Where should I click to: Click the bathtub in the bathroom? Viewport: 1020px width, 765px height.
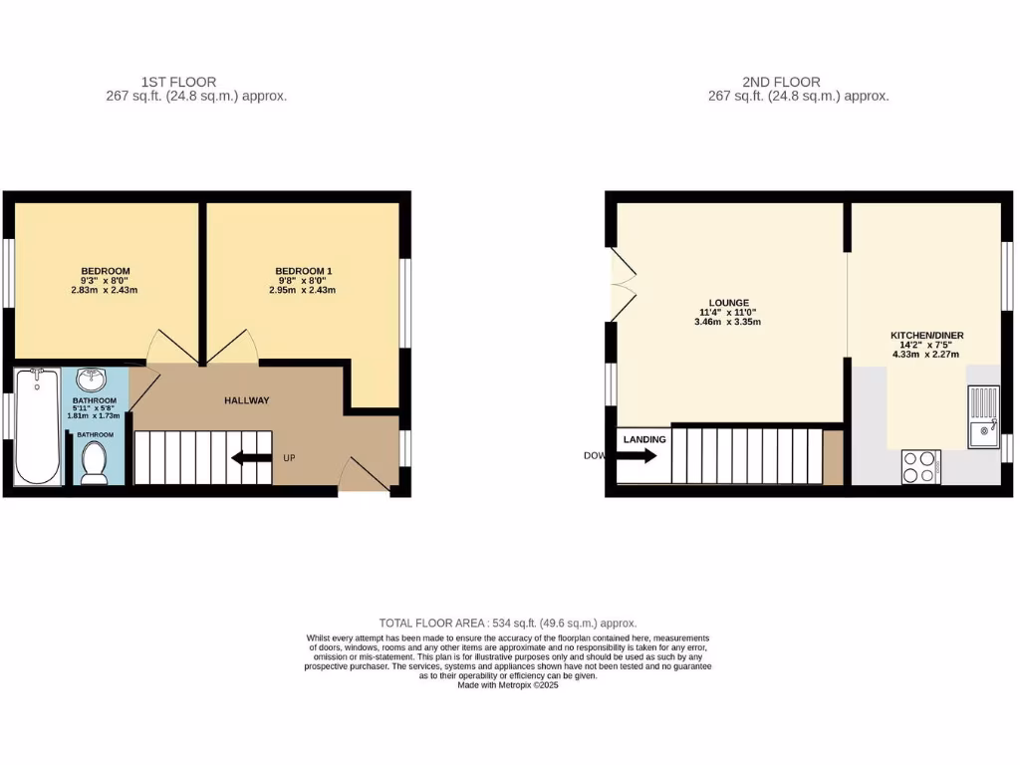coord(38,426)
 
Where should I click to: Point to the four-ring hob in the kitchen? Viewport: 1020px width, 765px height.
coord(921,466)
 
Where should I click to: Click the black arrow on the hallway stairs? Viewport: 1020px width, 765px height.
coord(250,458)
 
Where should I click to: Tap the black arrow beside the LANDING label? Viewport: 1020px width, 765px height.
coord(637,456)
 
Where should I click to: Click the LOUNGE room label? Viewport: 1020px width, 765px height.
coord(729,302)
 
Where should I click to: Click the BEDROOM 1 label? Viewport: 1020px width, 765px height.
coord(303,271)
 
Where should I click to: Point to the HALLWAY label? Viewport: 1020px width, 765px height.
coord(246,400)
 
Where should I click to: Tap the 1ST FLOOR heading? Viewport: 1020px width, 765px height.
coord(178,82)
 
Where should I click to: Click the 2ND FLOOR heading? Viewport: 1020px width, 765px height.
coord(781,82)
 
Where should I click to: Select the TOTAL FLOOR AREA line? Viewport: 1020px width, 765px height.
coord(508,623)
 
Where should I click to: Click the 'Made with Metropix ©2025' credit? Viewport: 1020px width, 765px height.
coord(508,685)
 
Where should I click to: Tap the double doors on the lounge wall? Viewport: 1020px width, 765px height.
coord(622,284)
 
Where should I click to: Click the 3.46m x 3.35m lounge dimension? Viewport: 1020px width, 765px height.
coord(728,322)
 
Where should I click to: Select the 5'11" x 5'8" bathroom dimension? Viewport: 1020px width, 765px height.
coord(95,406)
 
